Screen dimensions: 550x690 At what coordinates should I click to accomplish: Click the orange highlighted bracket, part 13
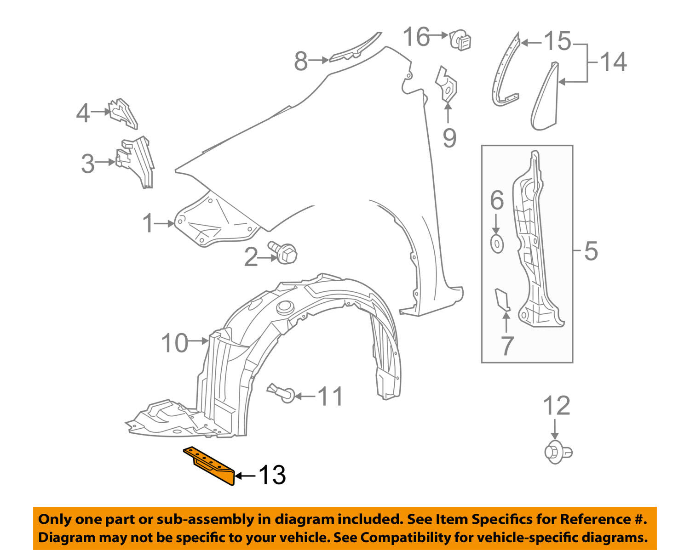[210, 465]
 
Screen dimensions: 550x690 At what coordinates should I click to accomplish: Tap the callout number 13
[272, 475]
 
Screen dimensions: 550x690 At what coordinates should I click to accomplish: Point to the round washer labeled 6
[497, 244]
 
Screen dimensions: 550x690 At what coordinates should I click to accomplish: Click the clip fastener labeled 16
[460, 40]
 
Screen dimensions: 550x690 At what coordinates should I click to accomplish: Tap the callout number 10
[175, 343]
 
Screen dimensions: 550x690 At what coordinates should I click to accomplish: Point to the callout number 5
[591, 251]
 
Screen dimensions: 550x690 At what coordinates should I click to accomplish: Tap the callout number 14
[613, 62]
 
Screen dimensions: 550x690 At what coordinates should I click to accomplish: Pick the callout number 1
[148, 224]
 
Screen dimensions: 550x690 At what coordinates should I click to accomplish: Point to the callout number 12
[557, 406]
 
